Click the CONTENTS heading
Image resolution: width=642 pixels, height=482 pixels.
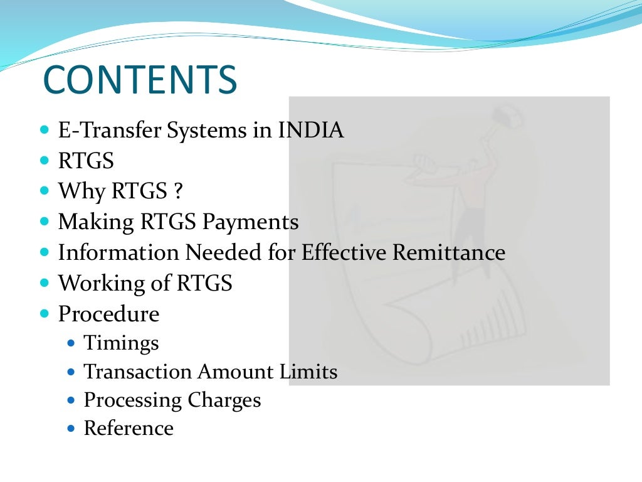(140, 80)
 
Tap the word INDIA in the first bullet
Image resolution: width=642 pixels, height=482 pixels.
(311, 131)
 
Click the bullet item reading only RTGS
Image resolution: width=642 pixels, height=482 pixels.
(86, 161)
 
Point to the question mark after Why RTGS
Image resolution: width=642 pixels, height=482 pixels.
(180, 191)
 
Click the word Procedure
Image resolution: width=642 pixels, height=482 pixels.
(108, 314)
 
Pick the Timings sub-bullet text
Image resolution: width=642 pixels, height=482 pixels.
(121, 344)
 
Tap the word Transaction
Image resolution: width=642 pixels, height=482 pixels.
(138, 372)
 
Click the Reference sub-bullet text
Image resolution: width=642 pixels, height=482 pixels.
(129, 429)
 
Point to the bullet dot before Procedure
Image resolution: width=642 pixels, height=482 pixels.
(44, 313)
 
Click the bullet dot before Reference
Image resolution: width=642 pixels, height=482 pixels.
(71, 429)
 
